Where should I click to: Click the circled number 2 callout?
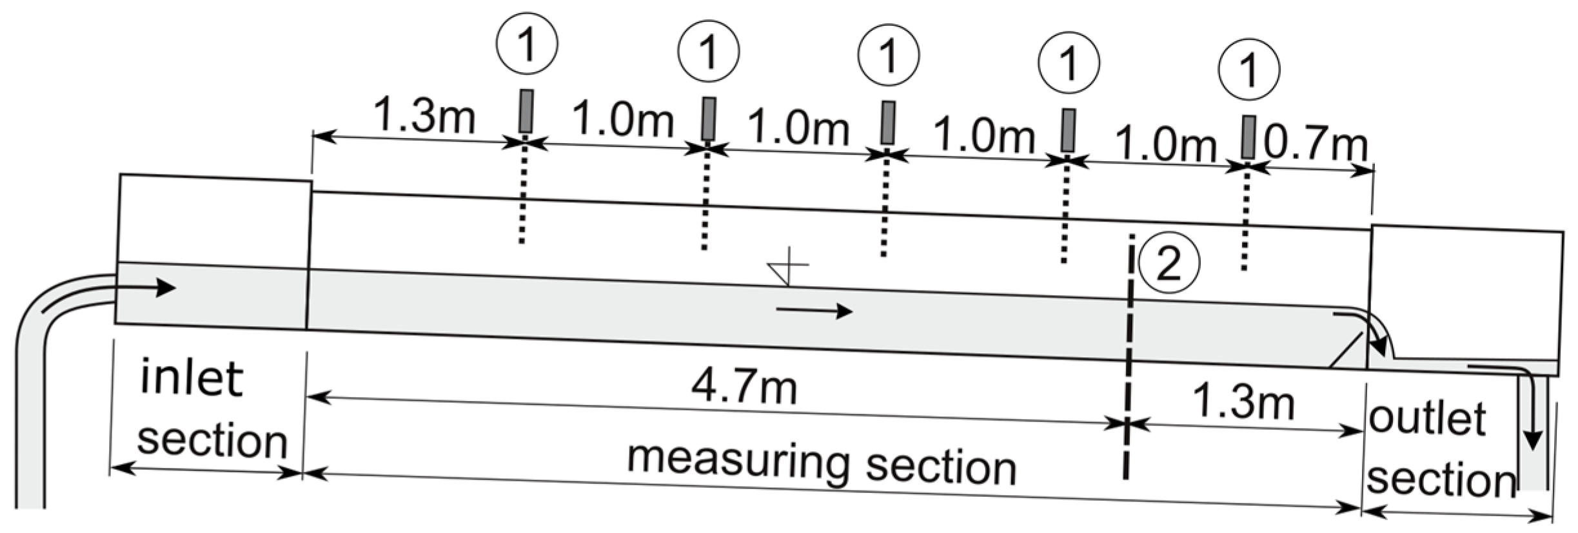pyautogui.click(x=1169, y=264)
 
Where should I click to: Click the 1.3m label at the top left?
pyautogui.click(x=424, y=116)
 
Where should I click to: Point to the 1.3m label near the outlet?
pyautogui.click(x=1243, y=402)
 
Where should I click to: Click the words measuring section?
pyautogui.click(x=821, y=463)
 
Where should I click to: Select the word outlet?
pyautogui.click(x=1426, y=418)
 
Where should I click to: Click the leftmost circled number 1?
pyautogui.click(x=527, y=44)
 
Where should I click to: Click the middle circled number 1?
pyautogui.click(x=889, y=55)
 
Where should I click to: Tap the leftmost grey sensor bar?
pyautogui.click(x=527, y=111)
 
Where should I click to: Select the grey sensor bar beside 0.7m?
pyautogui.click(x=1248, y=137)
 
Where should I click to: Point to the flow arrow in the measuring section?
pyautogui.click(x=814, y=312)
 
